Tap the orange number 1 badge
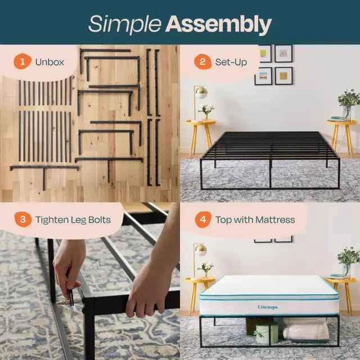[x=22, y=61]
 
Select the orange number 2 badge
[x=202, y=61]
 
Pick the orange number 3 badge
[x=22, y=219]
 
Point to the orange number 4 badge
[x=203, y=219]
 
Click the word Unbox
[x=49, y=62]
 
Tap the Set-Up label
[x=231, y=62]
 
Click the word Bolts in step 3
[x=100, y=220]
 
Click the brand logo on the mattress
[x=268, y=307]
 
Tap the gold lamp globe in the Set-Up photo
[x=201, y=92]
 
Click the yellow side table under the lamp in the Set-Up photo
[x=200, y=136]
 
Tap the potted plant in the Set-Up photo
[x=349, y=103]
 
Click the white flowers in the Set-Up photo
[x=206, y=111]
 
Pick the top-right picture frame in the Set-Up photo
[x=283, y=53]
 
